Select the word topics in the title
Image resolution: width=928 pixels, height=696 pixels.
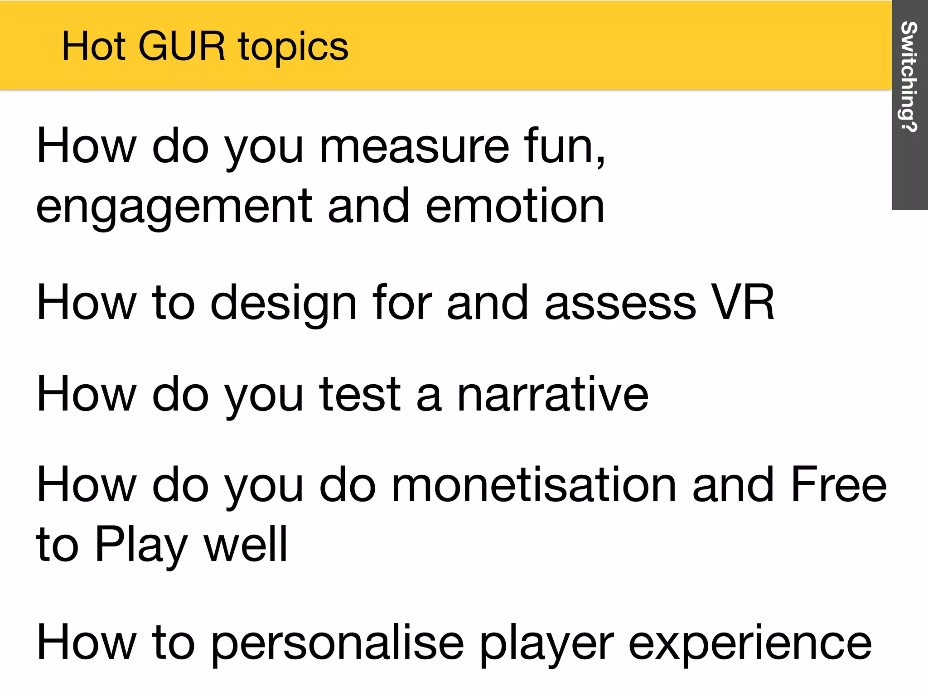coord(294,48)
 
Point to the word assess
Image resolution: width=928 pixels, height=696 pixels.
coord(620,303)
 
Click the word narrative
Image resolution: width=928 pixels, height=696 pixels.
coord(553,394)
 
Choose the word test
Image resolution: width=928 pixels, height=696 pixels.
coord(360,394)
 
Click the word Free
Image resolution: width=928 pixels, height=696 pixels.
coord(838,485)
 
